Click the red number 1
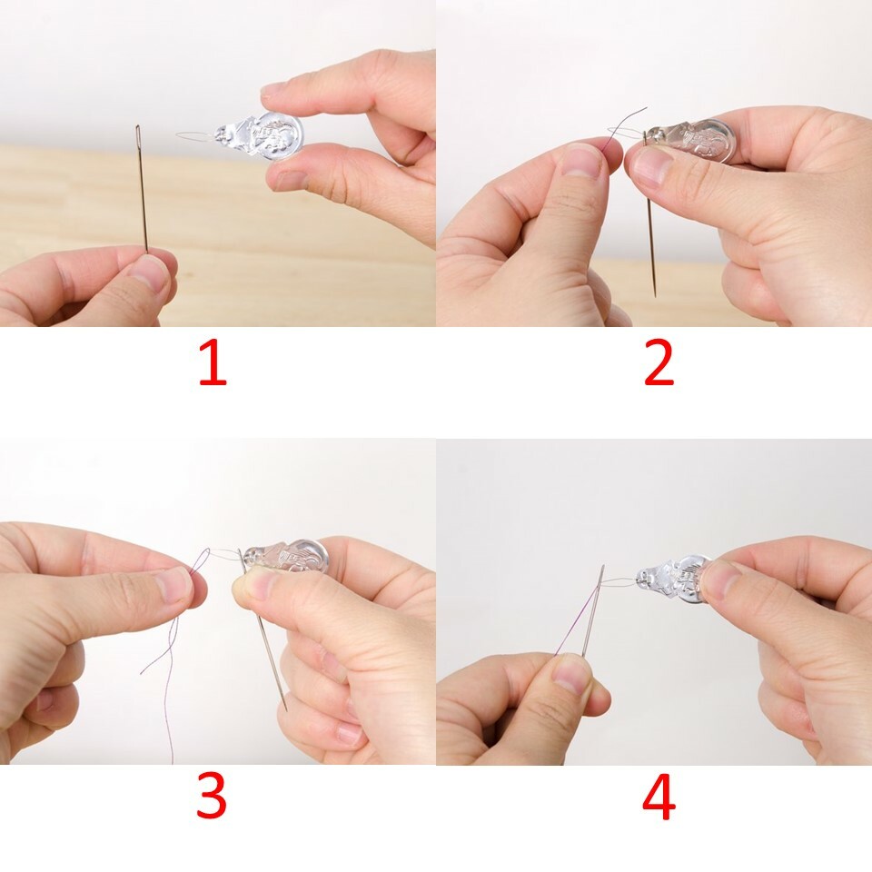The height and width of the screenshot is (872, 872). [212, 364]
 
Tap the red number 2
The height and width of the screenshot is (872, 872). [659, 364]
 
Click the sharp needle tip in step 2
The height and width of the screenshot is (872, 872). [654, 292]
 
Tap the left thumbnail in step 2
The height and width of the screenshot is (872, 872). [581, 162]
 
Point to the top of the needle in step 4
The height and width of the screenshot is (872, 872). [601, 568]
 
